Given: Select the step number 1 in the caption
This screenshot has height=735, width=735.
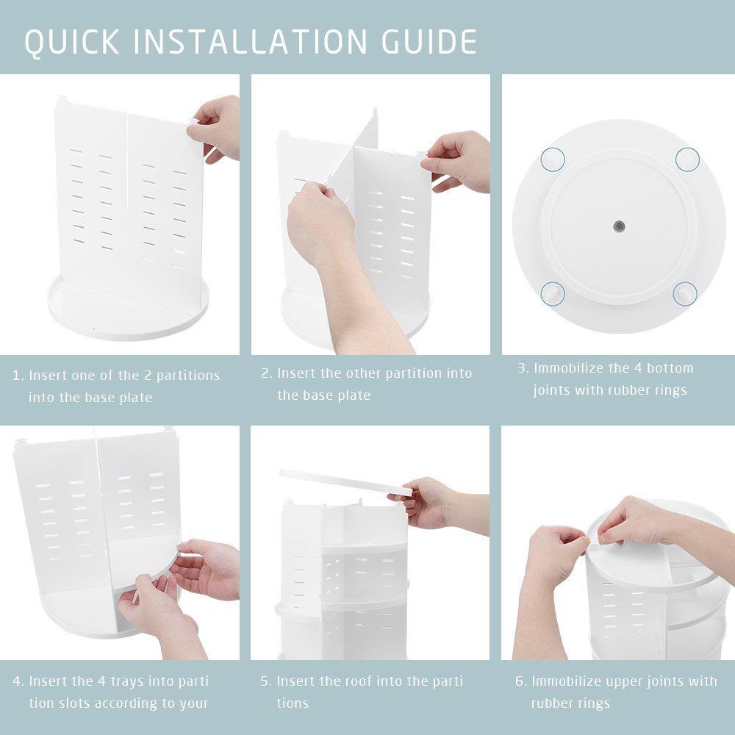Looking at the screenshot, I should click(x=17, y=376).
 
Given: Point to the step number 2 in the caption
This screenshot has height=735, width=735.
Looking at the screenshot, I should click(x=266, y=373).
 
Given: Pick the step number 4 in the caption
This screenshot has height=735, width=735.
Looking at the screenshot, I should click(x=18, y=681).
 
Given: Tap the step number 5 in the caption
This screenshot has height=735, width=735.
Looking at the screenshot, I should click(x=266, y=681).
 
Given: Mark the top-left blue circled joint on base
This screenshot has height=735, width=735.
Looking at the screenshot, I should click(x=552, y=159).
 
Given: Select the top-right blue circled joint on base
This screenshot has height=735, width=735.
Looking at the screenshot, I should click(x=686, y=158).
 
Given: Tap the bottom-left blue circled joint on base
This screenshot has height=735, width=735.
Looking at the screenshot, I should click(x=552, y=293).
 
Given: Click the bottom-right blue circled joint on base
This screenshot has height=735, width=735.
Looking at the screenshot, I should click(x=686, y=293).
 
